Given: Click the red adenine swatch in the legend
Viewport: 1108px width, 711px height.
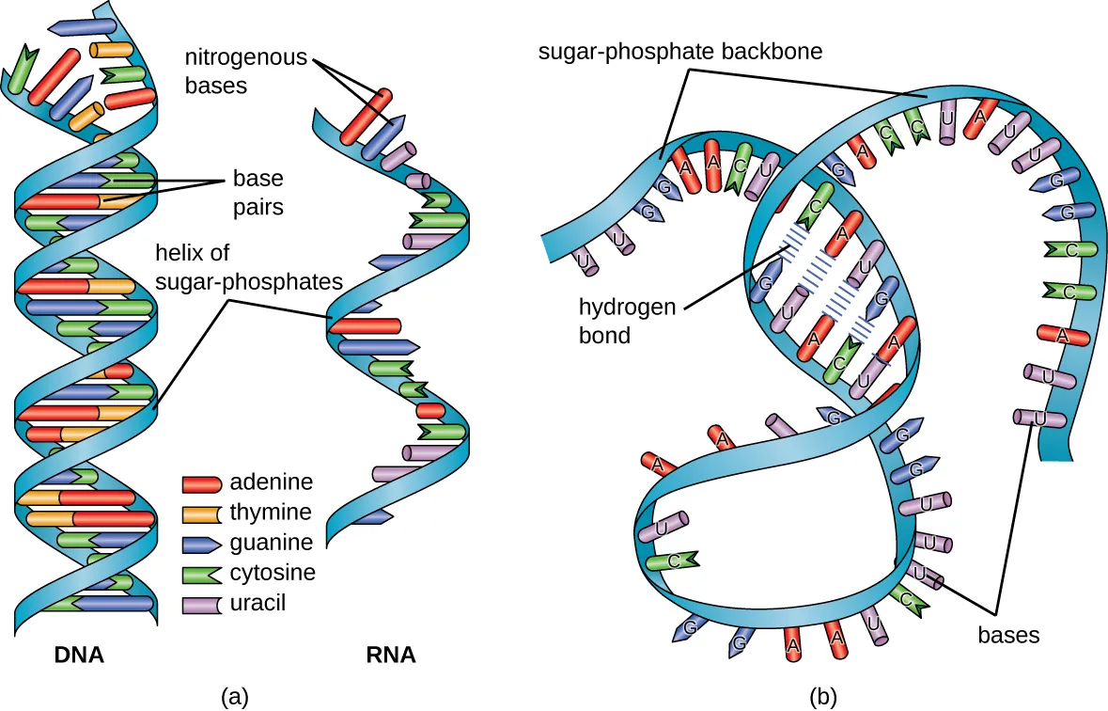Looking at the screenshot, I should pos(200,484).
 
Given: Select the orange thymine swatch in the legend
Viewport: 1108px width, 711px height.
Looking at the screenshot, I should pos(200,514).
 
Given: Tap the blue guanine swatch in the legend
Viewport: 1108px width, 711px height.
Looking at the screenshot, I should pos(200,544).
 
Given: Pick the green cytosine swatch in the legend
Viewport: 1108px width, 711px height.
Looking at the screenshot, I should pos(200,574).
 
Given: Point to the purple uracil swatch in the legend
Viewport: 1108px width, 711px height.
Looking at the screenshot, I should pos(200,604).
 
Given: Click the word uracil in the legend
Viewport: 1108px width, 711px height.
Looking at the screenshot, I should pos(257,603).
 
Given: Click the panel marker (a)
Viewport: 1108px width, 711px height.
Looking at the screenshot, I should pos(235,696).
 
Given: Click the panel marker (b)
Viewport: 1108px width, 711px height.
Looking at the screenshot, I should pos(824,696).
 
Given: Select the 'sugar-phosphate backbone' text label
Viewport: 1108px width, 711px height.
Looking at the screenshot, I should pos(679,52).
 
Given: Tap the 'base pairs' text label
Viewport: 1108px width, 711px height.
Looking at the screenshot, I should pos(257,192).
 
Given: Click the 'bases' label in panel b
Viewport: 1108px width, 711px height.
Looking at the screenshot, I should pos(1008,635).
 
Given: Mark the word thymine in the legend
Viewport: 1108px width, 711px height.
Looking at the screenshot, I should pos(271,513).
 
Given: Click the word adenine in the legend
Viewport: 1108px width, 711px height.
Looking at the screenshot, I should pos(271,483).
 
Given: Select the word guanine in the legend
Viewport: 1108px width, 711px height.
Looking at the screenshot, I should pos(271,543).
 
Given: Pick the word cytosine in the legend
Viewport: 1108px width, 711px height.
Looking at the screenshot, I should pos(273,573).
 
